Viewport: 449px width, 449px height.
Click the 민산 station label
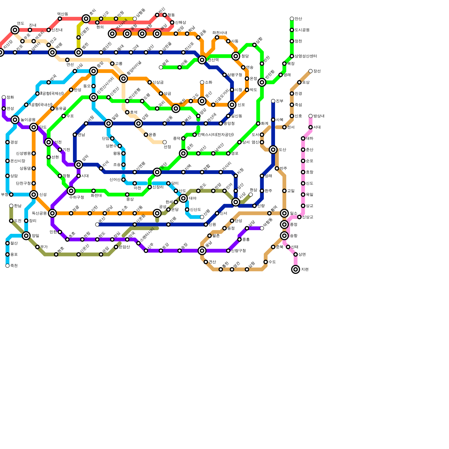[x=298, y=19]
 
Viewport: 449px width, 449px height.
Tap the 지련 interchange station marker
[x=295, y=269]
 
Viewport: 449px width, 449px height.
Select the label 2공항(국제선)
[x=52, y=93]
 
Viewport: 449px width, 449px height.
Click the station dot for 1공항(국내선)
[x=26, y=105]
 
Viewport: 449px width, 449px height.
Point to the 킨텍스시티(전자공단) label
[x=215, y=135]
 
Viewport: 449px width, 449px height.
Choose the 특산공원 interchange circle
[x=52, y=213]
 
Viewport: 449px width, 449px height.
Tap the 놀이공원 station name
[x=28, y=120]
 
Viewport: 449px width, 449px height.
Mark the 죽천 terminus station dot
[x=8, y=266]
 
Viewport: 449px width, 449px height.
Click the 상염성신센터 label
[x=306, y=56]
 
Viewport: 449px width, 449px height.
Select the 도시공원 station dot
[x=292, y=30]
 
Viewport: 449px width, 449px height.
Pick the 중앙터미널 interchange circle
[x=123, y=79]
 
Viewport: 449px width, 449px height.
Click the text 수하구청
[x=76, y=197]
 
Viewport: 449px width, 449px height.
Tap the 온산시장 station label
[x=17, y=161]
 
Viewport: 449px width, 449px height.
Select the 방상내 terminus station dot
[x=310, y=116]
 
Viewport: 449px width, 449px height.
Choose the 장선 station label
[x=317, y=71]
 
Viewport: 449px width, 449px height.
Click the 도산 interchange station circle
[x=273, y=150]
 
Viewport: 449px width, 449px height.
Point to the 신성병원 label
[x=23, y=154]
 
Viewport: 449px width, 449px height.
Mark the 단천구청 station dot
[x=34, y=184]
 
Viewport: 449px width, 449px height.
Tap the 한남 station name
[x=17, y=206]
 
